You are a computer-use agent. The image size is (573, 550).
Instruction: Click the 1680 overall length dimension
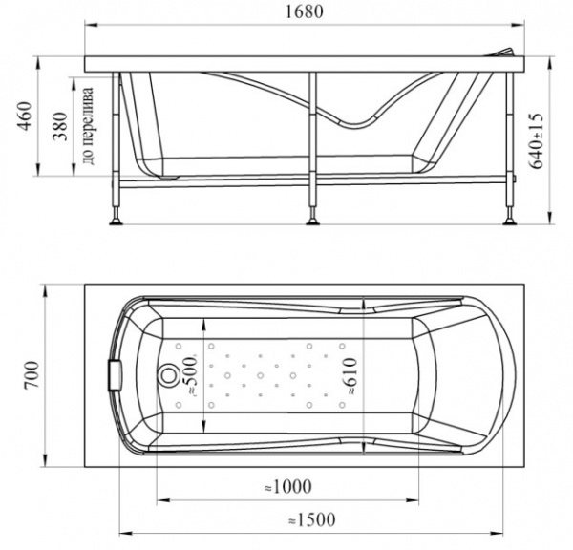click(x=304, y=11)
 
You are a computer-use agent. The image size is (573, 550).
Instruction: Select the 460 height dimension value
click(x=26, y=116)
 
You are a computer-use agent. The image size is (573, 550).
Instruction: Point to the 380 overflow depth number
click(x=60, y=126)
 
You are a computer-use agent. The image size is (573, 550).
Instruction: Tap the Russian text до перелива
click(x=89, y=126)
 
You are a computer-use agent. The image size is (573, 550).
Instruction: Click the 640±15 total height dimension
click(x=537, y=140)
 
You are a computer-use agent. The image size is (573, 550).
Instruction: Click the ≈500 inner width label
click(x=191, y=376)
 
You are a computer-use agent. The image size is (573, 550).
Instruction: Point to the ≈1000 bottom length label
click(x=288, y=486)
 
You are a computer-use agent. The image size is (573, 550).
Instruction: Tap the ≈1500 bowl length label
click(x=311, y=519)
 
